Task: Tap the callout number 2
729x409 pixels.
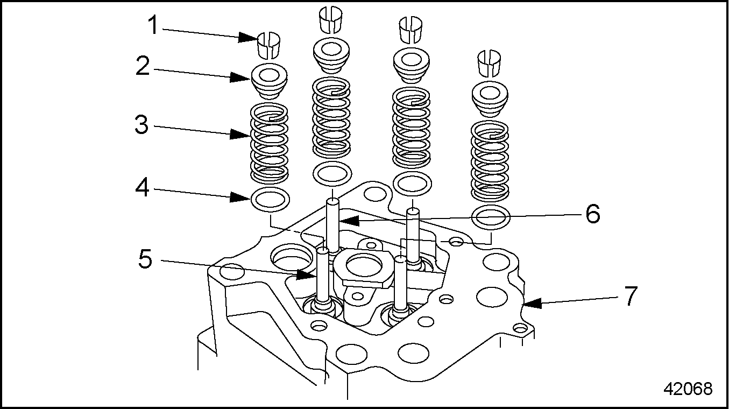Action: click(x=142, y=66)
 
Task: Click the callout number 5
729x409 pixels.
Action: click(x=145, y=259)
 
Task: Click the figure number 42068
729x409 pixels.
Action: click(x=688, y=389)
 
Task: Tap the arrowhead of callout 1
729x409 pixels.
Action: click(x=249, y=38)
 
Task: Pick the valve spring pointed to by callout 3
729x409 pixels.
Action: click(x=270, y=142)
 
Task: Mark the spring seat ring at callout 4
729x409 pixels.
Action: click(x=270, y=200)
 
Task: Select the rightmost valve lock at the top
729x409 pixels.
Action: click(x=490, y=62)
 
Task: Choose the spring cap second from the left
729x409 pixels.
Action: click(x=332, y=55)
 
